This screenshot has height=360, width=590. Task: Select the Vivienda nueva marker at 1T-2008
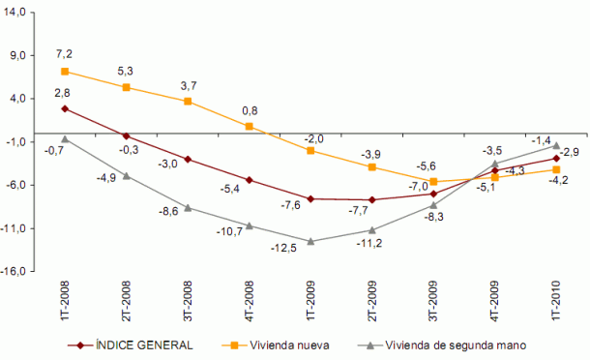coord(64,71)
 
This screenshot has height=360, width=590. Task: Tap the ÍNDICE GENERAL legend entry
coord(131,345)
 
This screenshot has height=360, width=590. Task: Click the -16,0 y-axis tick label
coord(17,272)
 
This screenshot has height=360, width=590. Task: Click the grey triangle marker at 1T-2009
coord(310,240)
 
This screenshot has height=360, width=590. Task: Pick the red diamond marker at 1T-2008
coord(64,108)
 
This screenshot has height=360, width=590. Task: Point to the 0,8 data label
coord(249,110)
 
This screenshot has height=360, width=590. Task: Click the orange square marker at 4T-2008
coord(249,126)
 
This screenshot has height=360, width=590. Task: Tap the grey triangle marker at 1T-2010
coord(556,145)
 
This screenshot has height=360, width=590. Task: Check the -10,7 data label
coord(228,232)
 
